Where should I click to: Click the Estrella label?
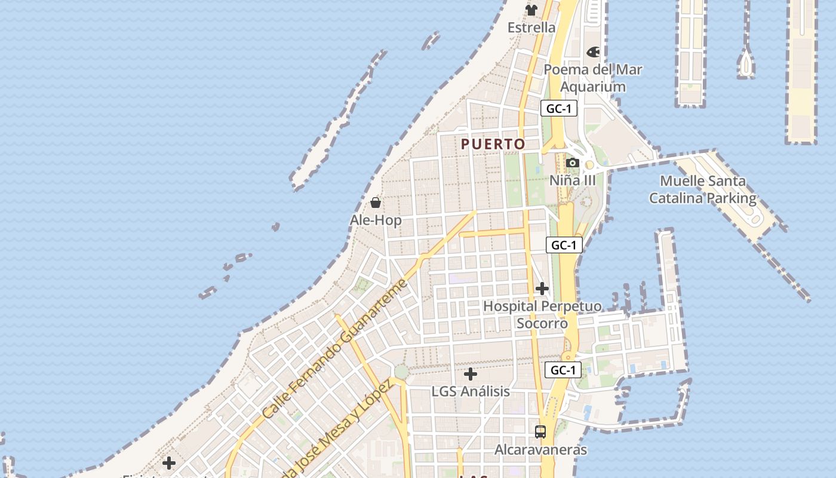click(531, 27)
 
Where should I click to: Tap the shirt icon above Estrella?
click(531, 10)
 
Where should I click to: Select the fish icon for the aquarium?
click(593, 52)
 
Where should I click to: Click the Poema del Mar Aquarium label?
click(593, 78)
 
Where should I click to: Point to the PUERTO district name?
click(493, 144)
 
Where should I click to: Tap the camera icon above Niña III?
click(572, 163)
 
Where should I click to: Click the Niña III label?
click(572, 180)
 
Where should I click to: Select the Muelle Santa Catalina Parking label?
click(703, 189)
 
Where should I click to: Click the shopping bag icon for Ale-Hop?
click(376, 203)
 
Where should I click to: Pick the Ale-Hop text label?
click(376, 220)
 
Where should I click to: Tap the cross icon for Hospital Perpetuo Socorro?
click(542, 289)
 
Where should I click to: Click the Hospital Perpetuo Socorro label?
click(542, 314)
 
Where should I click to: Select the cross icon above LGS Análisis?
click(471, 375)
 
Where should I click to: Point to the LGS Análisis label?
click(471, 391)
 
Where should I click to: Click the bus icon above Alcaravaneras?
click(540, 431)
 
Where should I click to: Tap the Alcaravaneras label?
click(540, 449)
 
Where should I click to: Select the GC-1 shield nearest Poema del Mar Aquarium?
click(559, 109)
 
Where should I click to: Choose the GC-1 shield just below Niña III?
click(564, 245)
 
